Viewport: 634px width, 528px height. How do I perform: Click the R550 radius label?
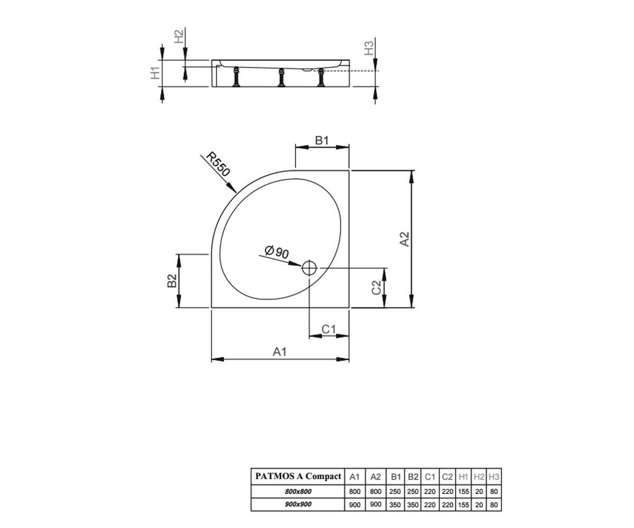(x=218, y=164)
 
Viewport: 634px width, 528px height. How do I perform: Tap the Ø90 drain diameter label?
(x=277, y=252)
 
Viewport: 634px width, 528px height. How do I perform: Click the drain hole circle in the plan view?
(x=309, y=268)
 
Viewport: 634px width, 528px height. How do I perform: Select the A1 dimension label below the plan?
(x=279, y=352)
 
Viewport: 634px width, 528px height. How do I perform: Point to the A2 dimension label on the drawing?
(x=405, y=239)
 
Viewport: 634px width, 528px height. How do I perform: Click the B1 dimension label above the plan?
(x=322, y=140)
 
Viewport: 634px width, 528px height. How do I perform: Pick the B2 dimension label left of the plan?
(x=172, y=280)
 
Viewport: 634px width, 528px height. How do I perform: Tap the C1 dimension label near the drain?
(x=329, y=329)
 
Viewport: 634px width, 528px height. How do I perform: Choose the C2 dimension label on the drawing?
(x=376, y=287)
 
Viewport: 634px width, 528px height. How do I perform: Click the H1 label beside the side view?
(x=155, y=73)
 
